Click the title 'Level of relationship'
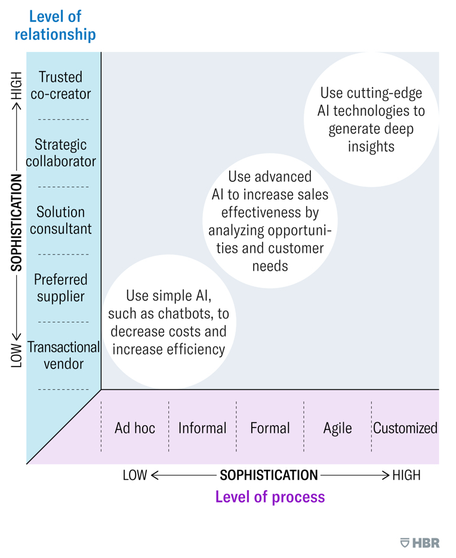point(55,25)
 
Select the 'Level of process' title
point(270,497)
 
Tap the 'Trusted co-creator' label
point(61,85)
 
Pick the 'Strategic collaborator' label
point(61,153)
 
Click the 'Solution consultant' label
point(61,220)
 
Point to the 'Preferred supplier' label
point(61,287)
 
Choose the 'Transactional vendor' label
point(63,355)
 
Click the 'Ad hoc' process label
point(135,428)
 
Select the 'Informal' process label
point(202,428)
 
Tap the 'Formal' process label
point(270,428)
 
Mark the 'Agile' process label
point(337,428)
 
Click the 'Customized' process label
point(405,428)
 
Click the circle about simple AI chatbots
point(168,323)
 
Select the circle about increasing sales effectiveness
point(270,221)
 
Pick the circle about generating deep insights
point(371,119)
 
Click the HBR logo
point(420,542)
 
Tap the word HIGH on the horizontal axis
point(406,475)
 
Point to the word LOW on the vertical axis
point(17,354)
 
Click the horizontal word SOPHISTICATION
point(269,475)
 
